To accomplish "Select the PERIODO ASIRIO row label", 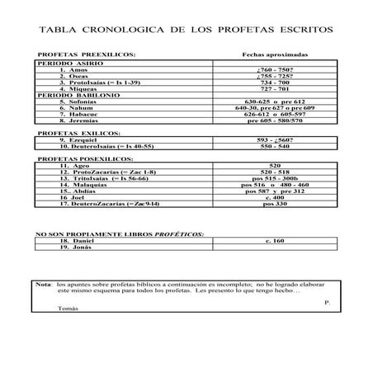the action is coord(63,64).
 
